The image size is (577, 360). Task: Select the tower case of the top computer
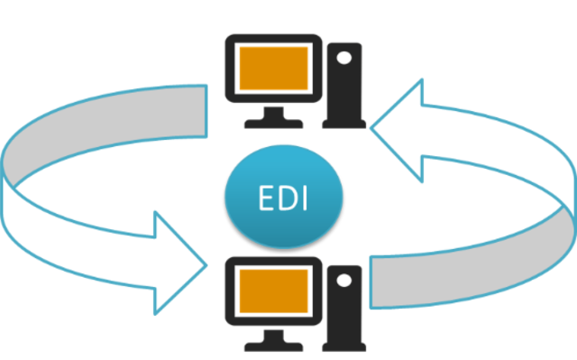[343, 83]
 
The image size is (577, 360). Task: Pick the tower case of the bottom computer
[343, 307]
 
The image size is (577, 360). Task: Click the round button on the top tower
[343, 58]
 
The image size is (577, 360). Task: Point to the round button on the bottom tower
[343, 281]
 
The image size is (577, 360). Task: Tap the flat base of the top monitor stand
[272, 120]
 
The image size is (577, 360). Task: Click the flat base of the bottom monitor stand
[272, 344]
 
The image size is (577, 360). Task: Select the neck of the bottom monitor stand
[272, 331]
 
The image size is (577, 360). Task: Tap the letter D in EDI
[288, 199]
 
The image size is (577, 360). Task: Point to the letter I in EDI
[306, 199]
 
